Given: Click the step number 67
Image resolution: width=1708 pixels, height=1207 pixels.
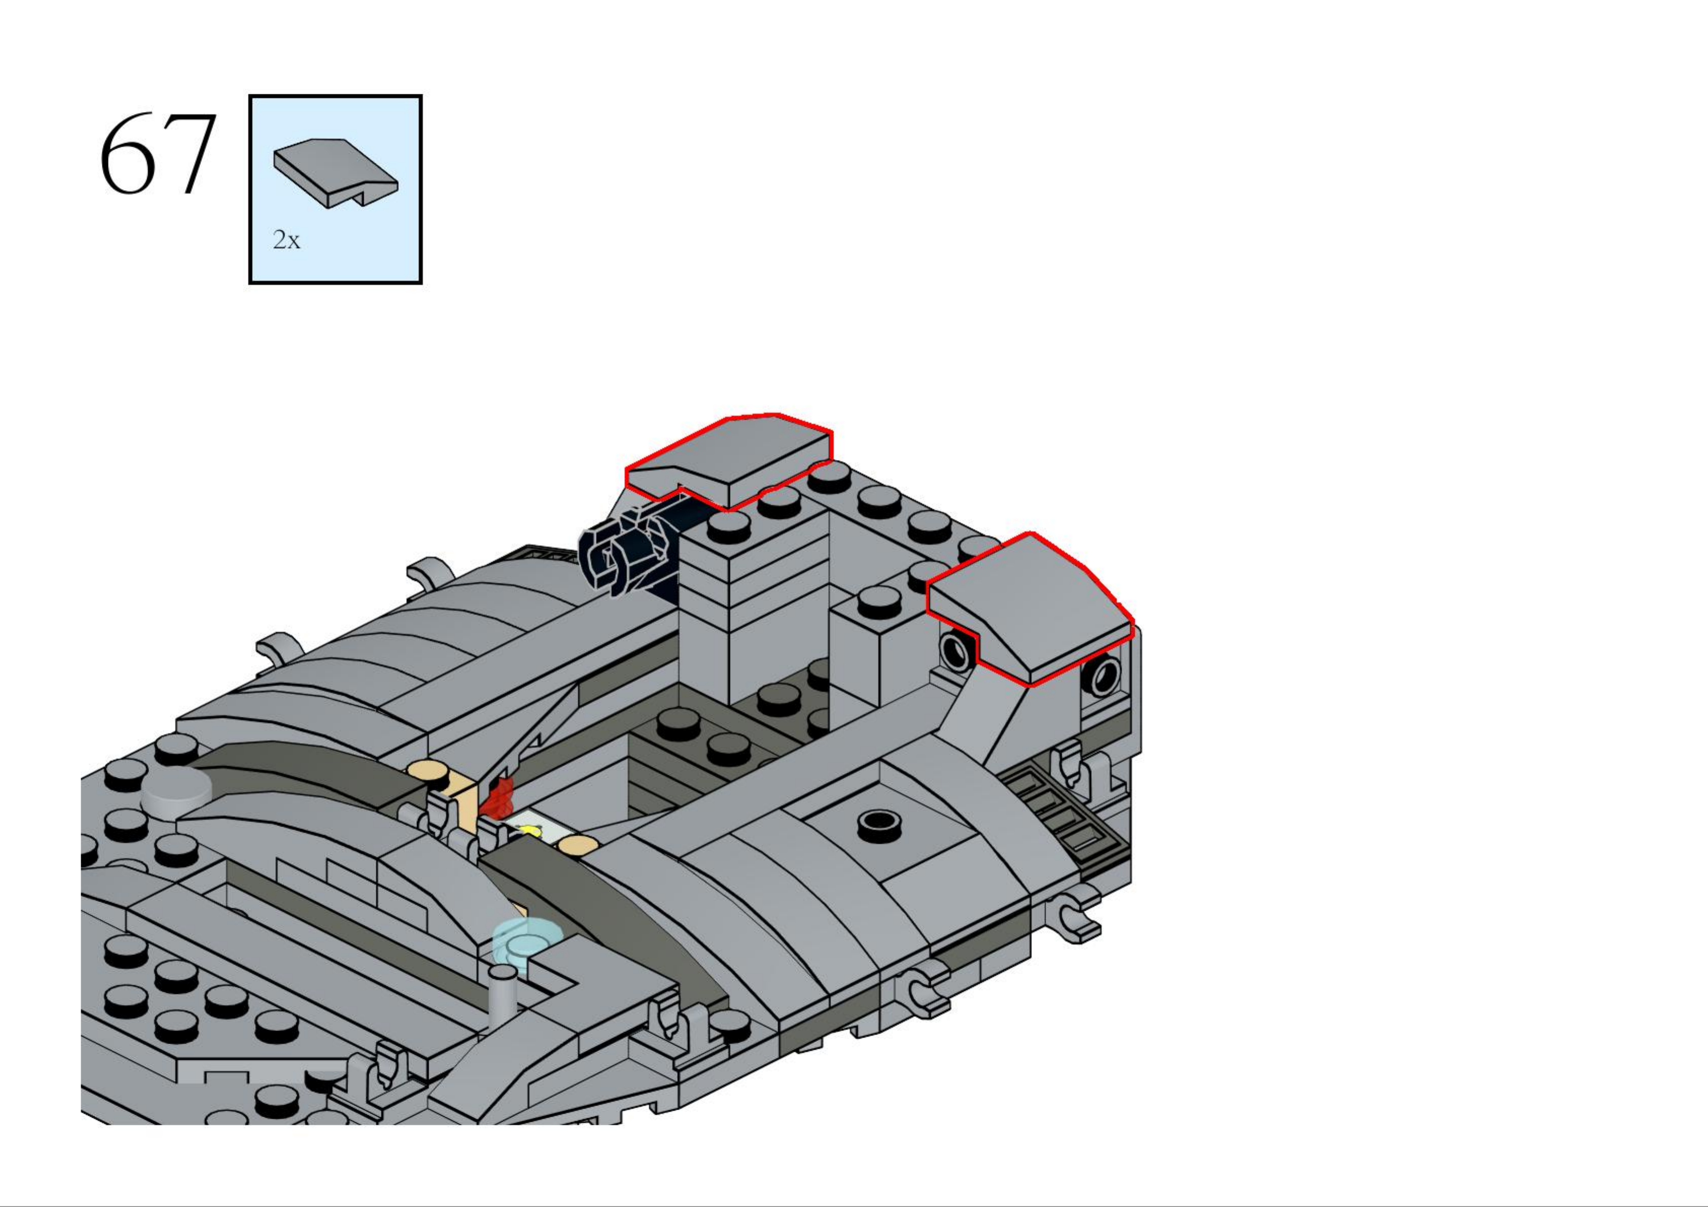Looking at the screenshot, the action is pyautogui.click(x=158, y=154).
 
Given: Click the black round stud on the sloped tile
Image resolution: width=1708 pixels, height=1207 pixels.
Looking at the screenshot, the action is pyautogui.click(x=880, y=822).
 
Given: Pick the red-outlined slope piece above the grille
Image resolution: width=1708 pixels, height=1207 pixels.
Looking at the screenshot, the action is pyautogui.click(x=1030, y=607).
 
